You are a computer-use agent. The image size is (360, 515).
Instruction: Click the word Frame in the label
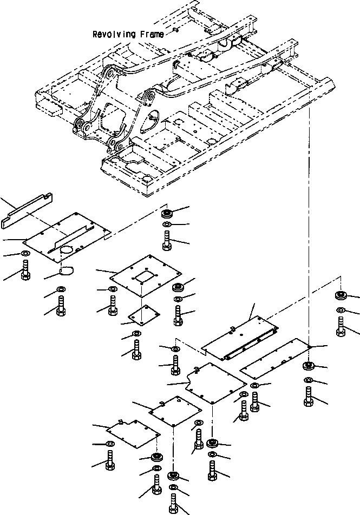point(152,35)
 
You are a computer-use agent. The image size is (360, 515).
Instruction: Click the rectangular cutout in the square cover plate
point(145,276)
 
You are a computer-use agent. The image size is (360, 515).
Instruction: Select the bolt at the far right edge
point(341,326)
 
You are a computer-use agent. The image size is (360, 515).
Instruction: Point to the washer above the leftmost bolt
point(25,255)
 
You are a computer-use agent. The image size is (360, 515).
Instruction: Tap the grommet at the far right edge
point(341,295)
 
